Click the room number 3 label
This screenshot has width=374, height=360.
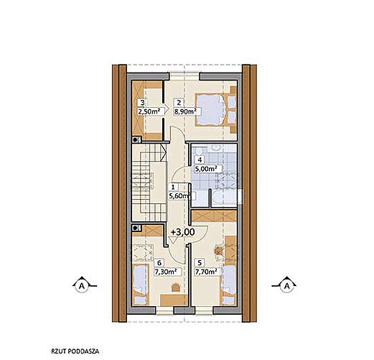click(x=142, y=103)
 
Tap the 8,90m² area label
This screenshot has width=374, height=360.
click(x=185, y=111)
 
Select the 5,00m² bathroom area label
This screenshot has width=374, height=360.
click(x=206, y=169)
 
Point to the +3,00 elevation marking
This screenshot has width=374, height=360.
click(x=182, y=232)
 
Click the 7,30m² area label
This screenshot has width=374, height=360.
click(x=166, y=272)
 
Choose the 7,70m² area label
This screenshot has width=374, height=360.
click(x=206, y=272)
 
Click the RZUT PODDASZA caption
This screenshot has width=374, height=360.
click(x=75, y=351)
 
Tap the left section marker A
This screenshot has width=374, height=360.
click(x=82, y=285)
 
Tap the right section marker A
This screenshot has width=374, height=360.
click(x=286, y=285)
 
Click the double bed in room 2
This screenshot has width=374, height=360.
click(x=215, y=109)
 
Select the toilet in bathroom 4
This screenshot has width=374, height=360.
click(x=198, y=152)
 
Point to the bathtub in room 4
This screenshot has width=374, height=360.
click(x=225, y=198)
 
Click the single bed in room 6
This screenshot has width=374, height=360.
click(x=141, y=285)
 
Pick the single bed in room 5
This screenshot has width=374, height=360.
click(x=228, y=285)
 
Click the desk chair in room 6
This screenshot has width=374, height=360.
click(x=176, y=287)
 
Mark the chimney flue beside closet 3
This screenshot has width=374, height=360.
click(x=136, y=139)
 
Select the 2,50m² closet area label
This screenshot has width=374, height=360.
click(x=149, y=111)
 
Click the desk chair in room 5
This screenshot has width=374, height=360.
click(x=218, y=251)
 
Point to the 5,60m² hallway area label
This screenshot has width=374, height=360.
click(x=180, y=196)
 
